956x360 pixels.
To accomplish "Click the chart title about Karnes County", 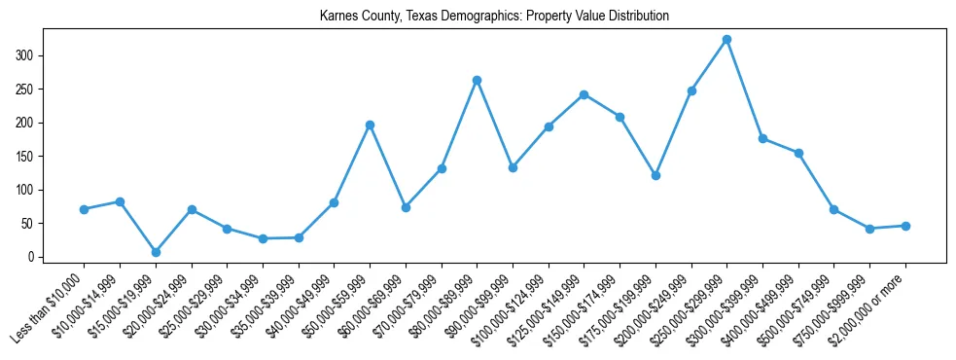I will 494,17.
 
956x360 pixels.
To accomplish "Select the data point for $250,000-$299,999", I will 726,40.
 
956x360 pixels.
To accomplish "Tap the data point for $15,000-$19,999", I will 156,252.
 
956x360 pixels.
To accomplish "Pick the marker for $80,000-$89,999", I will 477,80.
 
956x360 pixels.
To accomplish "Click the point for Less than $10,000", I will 85,209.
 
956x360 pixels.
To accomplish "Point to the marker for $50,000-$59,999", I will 370,125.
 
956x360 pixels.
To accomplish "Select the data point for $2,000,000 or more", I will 905,226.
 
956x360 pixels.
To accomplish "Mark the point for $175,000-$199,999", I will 655,176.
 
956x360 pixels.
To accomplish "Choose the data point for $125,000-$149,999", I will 584,94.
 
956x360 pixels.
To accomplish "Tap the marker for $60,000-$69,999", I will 406,207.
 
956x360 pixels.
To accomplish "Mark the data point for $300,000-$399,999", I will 762,138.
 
